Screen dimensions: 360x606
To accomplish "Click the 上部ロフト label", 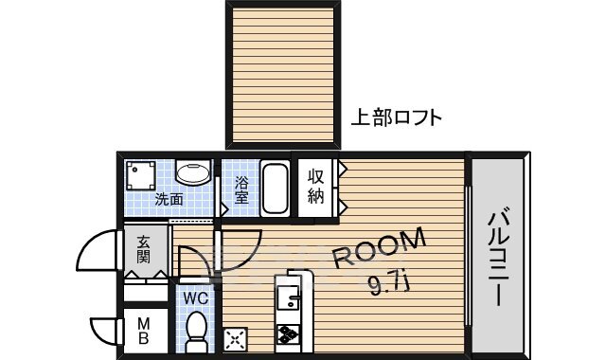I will tap(396, 118).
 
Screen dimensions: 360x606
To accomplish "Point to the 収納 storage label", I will tap(315, 187).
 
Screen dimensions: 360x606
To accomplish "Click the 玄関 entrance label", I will tap(144, 249).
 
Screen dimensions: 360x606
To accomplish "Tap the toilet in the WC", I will tap(197, 330).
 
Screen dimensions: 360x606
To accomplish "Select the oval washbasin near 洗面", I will tap(195, 174).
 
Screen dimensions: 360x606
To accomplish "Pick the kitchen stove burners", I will tap(288, 333).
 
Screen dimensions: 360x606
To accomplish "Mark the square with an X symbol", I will tap(234, 339).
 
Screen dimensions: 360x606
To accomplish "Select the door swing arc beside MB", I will tap(102, 329).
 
